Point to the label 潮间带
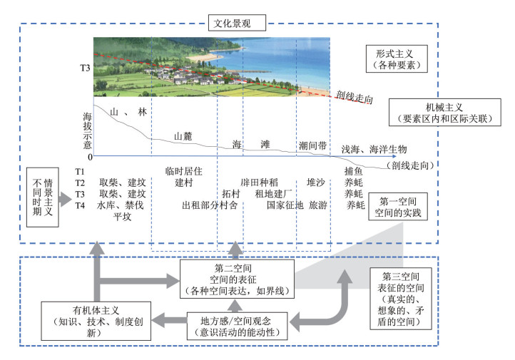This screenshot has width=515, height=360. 312,145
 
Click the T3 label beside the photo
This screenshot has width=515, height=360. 85,69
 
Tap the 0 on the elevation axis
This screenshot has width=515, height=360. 89,156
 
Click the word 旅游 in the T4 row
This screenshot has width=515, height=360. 317,205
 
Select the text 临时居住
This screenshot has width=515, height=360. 184,171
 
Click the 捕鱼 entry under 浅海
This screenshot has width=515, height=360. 354,171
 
